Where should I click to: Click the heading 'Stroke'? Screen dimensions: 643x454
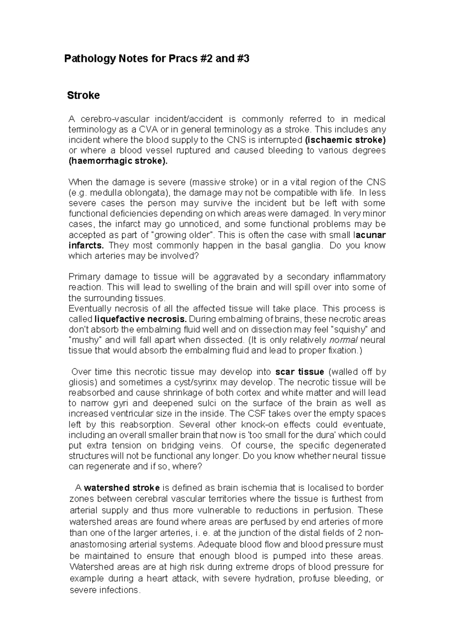83,95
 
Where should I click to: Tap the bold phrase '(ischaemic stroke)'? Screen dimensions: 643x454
345,140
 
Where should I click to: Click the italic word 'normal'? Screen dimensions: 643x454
342,340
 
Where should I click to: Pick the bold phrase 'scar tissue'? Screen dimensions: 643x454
300,372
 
